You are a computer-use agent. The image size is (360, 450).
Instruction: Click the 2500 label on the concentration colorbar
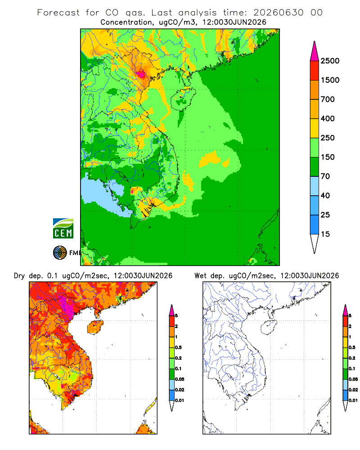coord(330,61)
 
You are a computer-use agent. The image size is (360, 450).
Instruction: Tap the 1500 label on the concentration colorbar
coord(330,80)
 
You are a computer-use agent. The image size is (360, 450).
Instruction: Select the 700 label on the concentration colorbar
coord(328,99)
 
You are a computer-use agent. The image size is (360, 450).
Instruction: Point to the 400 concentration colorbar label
coord(328,118)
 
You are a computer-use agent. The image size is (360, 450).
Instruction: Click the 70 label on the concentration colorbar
coord(325,176)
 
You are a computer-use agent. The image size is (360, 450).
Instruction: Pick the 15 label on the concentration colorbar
coord(325,234)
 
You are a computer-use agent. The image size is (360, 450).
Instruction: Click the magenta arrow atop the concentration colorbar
coord(315,51)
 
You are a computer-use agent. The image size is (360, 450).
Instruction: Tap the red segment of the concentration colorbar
coord(315,70)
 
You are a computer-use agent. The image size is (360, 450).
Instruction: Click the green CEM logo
coord(63,229)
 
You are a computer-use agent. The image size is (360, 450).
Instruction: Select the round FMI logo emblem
coord(60,253)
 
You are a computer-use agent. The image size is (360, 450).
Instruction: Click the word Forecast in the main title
coord(58,13)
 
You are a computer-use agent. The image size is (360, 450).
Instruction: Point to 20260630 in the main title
coord(278,13)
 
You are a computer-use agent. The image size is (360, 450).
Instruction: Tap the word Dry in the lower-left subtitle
coord(19,276)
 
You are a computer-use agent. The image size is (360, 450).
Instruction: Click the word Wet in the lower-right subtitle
coord(200,276)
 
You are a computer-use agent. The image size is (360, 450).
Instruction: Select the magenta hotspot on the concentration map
coord(141,74)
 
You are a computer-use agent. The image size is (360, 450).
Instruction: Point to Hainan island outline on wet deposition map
coord(261,327)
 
